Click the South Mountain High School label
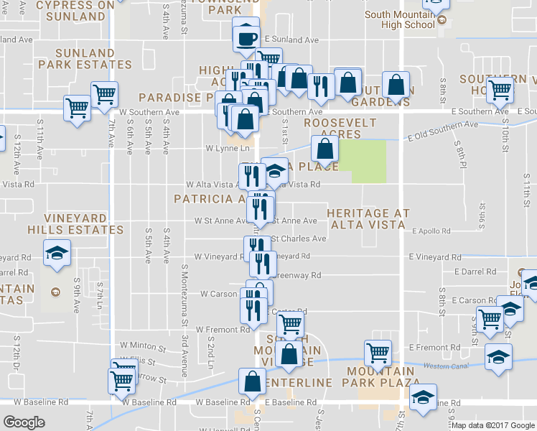[x=399, y=19]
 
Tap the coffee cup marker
[x=246, y=37]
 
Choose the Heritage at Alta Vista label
[x=368, y=220]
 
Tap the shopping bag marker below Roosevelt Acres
[x=324, y=150]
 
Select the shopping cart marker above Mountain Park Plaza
[x=378, y=353]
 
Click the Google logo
[x=24, y=422]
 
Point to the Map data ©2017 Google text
[x=492, y=425]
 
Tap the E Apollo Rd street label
[x=431, y=231]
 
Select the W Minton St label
[x=143, y=346]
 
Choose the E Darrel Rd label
[x=482, y=272]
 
